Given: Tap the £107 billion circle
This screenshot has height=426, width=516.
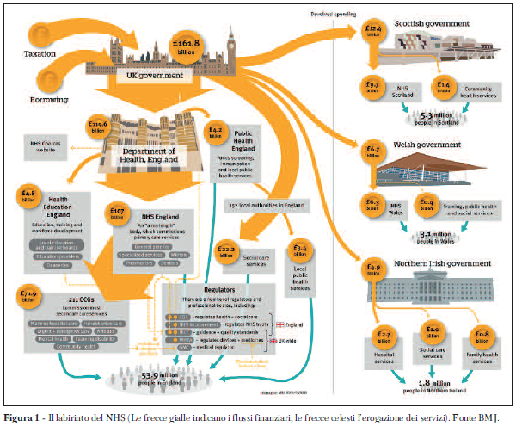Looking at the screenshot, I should [118, 212].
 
